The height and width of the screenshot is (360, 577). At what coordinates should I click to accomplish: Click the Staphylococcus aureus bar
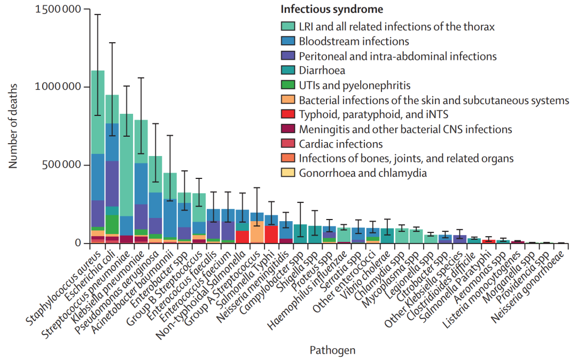(x=98, y=160)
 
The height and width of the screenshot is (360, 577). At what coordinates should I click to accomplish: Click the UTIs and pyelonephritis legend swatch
(x=288, y=85)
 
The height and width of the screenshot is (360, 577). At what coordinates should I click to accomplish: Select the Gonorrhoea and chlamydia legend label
(x=363, y=173)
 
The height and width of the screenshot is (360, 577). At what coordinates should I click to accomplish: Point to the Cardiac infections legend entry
(x=340, y=144)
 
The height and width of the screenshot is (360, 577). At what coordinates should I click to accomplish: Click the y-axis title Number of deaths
(x=13, y=127)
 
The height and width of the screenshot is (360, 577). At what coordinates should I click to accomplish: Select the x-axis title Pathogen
(x=332, y=350)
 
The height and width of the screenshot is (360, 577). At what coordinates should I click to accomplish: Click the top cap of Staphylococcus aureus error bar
(x=98, y=14)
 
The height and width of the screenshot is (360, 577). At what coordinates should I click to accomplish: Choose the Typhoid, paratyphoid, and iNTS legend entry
(x=373, y=114)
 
